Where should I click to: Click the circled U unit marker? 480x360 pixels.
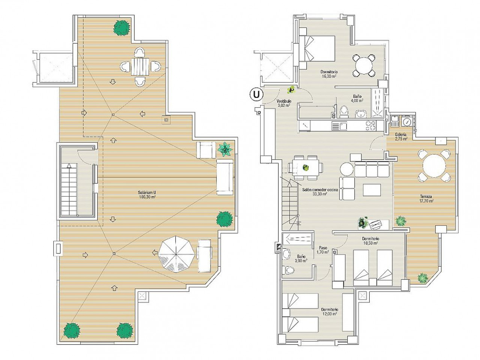point(256,94)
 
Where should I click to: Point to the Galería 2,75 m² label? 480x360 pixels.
point(401,136)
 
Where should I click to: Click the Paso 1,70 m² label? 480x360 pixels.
point(323,250)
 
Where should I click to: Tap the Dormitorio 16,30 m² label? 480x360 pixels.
point(329,73)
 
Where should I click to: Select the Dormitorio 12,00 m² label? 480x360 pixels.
point(330,312)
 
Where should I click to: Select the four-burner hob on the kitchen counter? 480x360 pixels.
point(370,126)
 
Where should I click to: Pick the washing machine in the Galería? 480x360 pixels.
point(407,121)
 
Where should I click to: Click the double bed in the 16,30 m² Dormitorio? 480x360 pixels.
point(317,48)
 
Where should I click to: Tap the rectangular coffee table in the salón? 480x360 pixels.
point(372,190)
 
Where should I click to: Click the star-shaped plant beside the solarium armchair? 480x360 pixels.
point(225,149)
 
